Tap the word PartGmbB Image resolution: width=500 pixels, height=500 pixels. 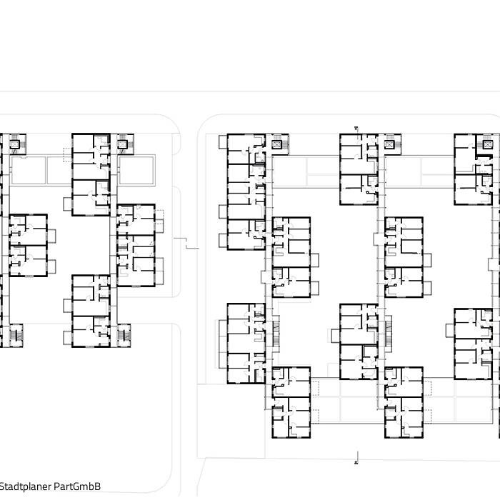(82, 486)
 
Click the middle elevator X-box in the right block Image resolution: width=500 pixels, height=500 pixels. (389, 144)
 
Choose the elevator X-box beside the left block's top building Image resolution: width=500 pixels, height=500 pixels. (123, 144)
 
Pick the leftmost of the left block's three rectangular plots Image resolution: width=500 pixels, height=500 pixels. (28, 169)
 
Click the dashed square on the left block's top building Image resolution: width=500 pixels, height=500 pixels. (66, 154)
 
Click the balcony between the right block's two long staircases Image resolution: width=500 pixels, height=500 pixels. (334, 334)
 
